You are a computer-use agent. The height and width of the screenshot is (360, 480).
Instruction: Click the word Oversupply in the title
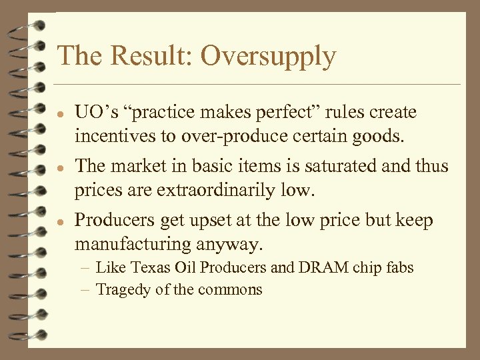tap(268, 57)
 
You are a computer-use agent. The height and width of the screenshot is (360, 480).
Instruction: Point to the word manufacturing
tap(133, 245)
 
